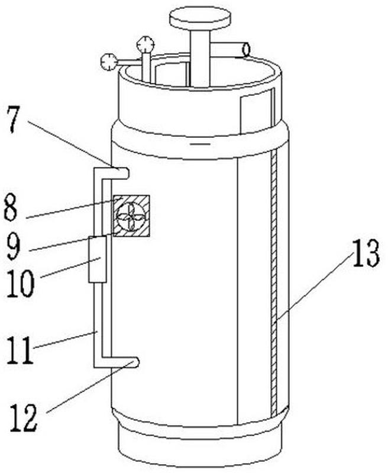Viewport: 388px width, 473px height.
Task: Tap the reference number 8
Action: click(x=11, y=208)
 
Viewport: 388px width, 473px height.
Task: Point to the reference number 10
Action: click(x=21, y=283)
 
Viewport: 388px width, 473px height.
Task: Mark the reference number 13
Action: click(x=366, y=253)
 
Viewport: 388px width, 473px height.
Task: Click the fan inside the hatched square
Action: click(x=131, y=215)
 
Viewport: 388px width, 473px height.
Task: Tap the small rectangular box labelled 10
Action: click(x=98, y=259)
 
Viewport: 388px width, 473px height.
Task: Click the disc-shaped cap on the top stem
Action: click(x=200, y=19)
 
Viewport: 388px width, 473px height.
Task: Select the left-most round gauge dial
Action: click(x=109, y=62)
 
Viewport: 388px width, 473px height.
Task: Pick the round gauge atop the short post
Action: click(x=145, y=44)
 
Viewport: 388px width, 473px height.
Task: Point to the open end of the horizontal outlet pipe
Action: click(x=247, y=50)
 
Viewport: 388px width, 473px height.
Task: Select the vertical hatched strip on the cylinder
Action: click(x=274, y=282)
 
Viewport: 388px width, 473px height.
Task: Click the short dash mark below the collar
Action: click(x=200, y=144)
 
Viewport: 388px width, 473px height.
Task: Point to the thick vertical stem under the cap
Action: click(x=200, y=58)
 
